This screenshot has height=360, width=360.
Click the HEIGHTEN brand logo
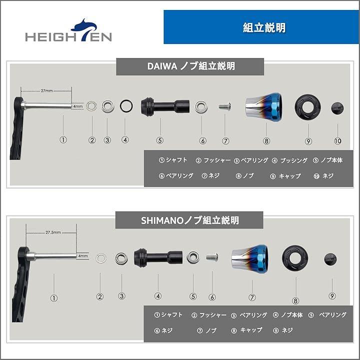coord(68,30)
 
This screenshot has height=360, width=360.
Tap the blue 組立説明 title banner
coord(261,27)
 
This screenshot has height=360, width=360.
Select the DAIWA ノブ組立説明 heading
coord(190,66)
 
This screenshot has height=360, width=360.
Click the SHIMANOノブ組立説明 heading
coord(189,220)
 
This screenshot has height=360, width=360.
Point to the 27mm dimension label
coord(46,90)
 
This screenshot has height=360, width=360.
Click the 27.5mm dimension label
coord(53,232)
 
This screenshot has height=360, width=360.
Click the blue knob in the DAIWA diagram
coord(264,107)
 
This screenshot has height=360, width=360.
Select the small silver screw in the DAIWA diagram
coord(224,106)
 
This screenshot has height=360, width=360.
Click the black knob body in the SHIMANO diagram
coord(158,257)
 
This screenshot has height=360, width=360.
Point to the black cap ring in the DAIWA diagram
coord(308,107)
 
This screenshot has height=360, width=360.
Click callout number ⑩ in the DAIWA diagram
coord(337,140)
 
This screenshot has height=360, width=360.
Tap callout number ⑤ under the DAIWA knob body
coord(160,140)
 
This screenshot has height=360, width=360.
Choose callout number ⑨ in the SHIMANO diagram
coord(332,295)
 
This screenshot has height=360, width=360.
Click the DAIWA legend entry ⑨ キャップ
coord(285,176)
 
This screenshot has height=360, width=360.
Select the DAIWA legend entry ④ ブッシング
coord(289,160)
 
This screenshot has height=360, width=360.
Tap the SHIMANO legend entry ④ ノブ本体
coord(287,315)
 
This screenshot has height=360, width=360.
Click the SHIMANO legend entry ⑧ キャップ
coord(246,330)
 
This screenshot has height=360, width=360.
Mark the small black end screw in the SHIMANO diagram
coord(330,259)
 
